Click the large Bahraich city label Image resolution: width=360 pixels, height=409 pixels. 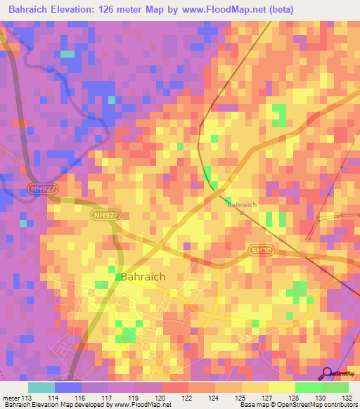(143, 277)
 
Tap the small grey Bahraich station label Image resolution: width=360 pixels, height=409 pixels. (242, 204)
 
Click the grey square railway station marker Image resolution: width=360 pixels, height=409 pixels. (242, 212)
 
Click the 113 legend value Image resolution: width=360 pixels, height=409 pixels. (27, 398)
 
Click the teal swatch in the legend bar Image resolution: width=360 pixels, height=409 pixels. (41, 387)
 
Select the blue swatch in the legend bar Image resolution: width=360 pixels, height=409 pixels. (67, 387)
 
